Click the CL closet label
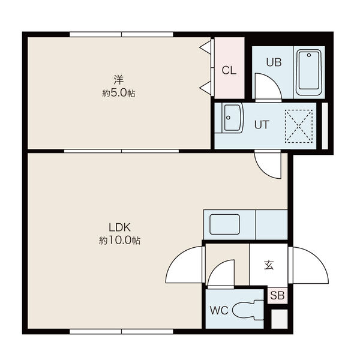(x=229, y=70)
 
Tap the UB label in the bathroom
(x=274, y=62)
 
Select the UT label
(x=262, y=125)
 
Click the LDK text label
(x=119, y=227)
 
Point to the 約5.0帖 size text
(x=118, y=93)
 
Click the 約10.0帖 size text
(x=119, y=241)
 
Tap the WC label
(x=219, y=310)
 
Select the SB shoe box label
(x=277, y=295)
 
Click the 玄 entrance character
(x=269, y=265)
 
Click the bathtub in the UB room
(x=308, y=73)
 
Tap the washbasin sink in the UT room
(x=232, y=118)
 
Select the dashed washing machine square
(x=298, y=126)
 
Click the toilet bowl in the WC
(x=248, y=310)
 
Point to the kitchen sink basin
(x=225, y=224)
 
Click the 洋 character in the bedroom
(x=119, y=80)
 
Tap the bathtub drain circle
(x=309, y=55)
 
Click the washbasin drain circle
(x=228, y=118)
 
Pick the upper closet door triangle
(x=206, y=47)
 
